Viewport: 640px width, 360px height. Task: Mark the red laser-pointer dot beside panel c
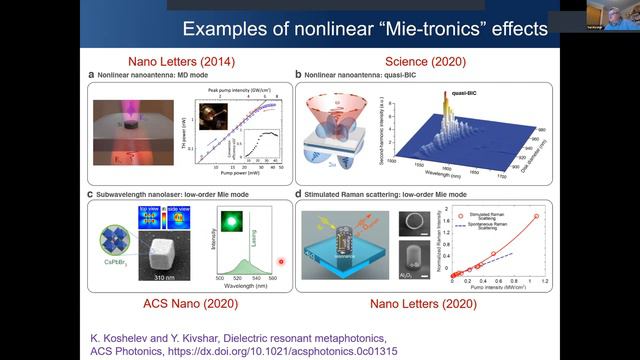tap(281, 262)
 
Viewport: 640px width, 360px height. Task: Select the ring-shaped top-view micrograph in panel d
tap(410, 219)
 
